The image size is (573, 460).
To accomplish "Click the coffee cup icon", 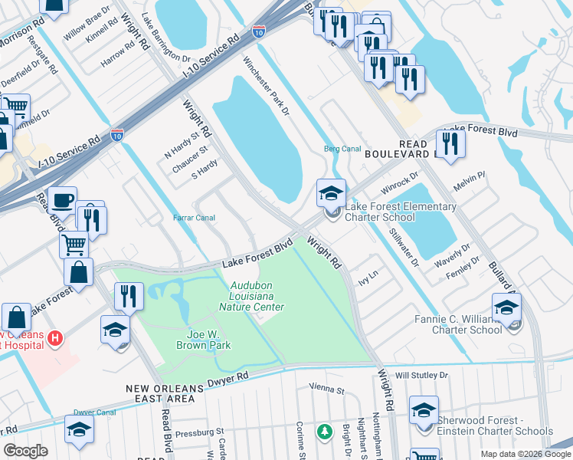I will point(62,201).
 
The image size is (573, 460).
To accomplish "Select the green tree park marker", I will point(325,432).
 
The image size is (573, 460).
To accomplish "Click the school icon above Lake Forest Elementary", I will point(332,193).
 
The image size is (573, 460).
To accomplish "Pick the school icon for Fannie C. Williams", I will point(506,308).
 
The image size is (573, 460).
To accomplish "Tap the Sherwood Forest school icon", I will point(424,410).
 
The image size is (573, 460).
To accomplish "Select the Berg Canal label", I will point(342,149).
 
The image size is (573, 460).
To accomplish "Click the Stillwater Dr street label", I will point(404,247).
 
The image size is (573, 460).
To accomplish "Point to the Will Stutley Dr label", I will point(421,376).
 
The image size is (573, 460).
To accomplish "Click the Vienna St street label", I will point(327,389).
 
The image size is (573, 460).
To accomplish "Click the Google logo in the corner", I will point(25,451).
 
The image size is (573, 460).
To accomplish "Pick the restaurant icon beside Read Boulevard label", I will point(448,143).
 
